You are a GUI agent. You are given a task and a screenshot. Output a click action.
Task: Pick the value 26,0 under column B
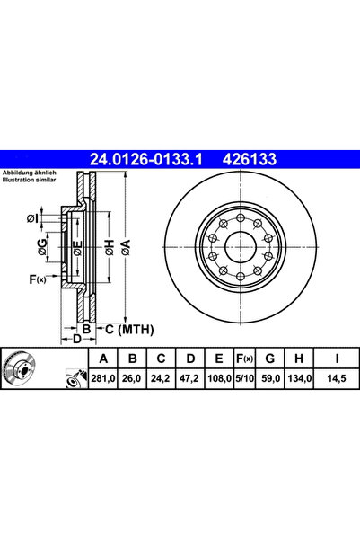[132, 381]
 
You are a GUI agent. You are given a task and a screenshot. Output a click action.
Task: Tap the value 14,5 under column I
[337, 381]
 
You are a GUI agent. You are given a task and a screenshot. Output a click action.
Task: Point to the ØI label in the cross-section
[32, 218]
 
